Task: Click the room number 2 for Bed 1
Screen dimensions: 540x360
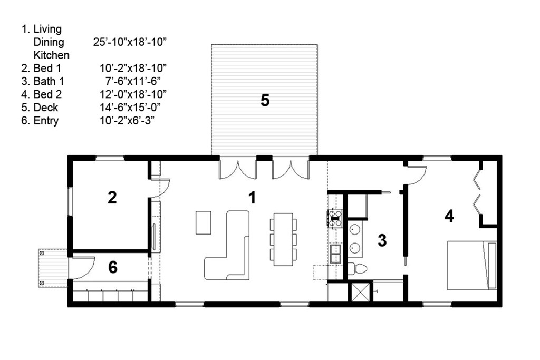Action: coord(112,198)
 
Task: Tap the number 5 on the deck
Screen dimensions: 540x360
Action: coord(265,100)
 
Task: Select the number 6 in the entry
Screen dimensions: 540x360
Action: coord(113,267)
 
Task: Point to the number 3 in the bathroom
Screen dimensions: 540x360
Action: coord(382,240)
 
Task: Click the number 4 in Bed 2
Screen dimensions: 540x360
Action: coord(449,216)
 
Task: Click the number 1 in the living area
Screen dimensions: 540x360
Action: coord(253,198)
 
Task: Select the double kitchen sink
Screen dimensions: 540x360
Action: coord(335,254)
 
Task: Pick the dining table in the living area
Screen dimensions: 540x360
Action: coord(283,239)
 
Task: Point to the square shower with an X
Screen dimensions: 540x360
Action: coord(360,292)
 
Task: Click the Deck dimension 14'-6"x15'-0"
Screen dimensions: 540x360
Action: coord(130,108)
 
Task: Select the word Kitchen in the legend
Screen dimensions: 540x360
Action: coord(51,55)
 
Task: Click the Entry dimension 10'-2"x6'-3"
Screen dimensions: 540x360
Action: coord(127,121)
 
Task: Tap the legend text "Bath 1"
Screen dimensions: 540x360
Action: coord(49,81)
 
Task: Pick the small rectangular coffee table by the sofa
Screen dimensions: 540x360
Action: coord(203,222)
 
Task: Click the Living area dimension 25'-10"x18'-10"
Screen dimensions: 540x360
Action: coord(130,42)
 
